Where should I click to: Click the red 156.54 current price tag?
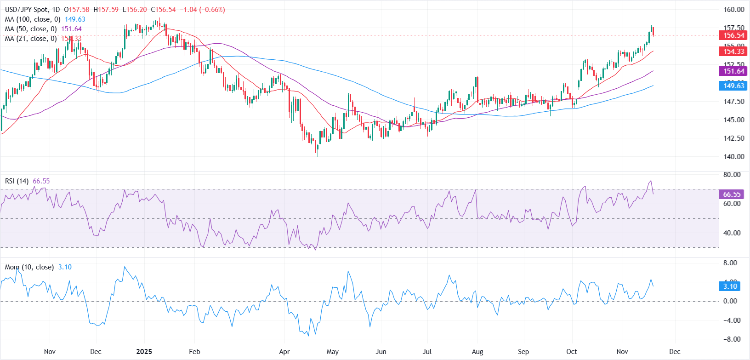coord(733,35)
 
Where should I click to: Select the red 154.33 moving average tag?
coord(733,51)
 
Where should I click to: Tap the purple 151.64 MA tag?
coord(733,71)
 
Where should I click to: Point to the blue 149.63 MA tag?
coord(733,86)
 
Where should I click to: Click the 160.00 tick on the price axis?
coord(733,10)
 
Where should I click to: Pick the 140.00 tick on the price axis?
coord(733,157)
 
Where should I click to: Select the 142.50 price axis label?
coord(733,138)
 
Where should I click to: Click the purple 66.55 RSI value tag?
coord(732,194)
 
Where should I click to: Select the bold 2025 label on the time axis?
coord(144,352)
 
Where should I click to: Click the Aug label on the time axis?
coord(477,352)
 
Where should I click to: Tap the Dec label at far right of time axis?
coord(675,352)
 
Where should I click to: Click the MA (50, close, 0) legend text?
coord(31,29)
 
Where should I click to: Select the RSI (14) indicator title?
coord(17,181)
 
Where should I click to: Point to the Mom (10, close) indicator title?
coord(29,267)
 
